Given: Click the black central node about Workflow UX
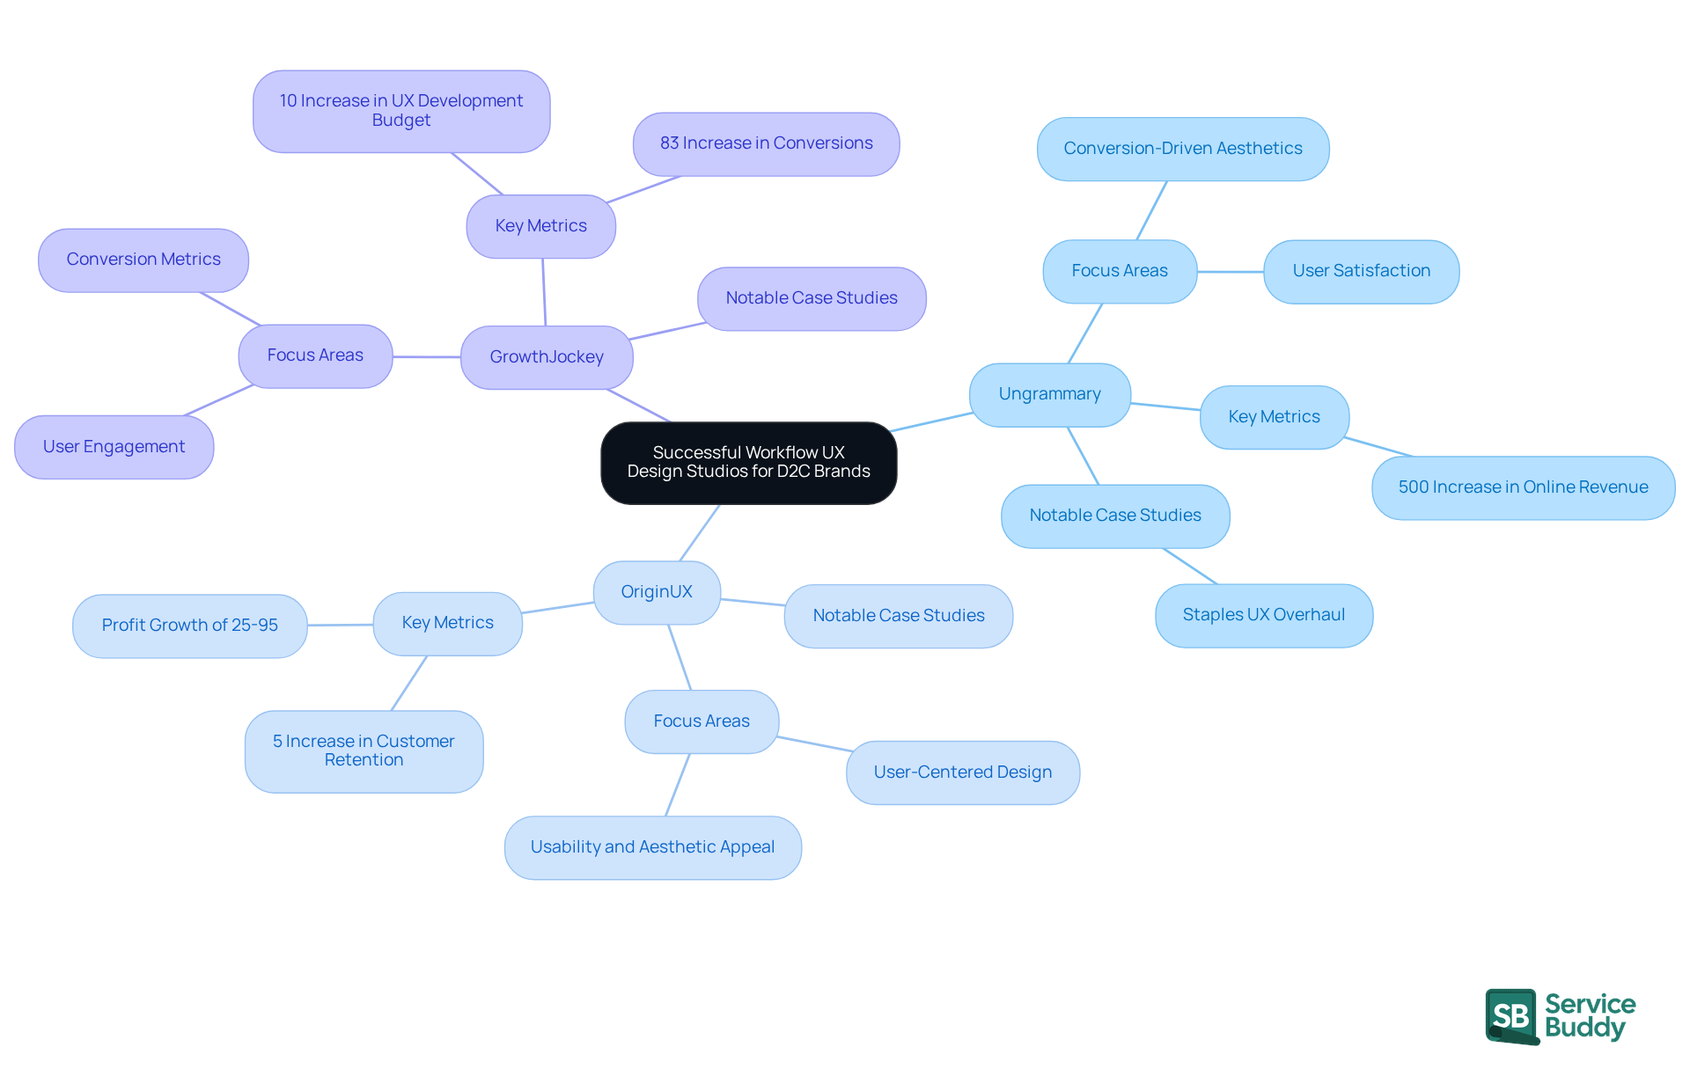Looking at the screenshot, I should coord(748,463).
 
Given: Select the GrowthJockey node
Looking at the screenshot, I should coord(547,357).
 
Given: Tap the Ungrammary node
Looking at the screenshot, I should coord(1049,394).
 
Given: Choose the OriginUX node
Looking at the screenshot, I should coord(657,592).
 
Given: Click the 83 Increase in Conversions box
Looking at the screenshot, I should coord(766,143).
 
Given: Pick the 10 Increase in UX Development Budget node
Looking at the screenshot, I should coord(401,111).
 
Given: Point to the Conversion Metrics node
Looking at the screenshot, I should coord(143,260).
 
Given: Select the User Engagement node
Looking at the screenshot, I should coord(114,447).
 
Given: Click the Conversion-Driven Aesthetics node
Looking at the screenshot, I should coord(1182,149).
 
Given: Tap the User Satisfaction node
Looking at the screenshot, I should coord(1361,271).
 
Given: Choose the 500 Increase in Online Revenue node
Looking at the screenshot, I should coord(1523,487).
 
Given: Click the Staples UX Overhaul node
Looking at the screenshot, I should coord(1263,615).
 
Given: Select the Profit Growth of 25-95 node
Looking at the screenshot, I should coord(189,626).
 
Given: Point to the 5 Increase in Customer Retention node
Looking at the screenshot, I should coord(364,750).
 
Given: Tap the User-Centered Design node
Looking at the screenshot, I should coord(962,772).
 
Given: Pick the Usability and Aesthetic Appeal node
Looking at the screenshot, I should coord(652,847).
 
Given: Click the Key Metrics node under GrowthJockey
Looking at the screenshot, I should coord(540,226).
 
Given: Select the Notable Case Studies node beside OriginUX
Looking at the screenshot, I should coord(898,616).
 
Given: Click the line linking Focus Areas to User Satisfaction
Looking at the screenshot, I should coord(1230,272).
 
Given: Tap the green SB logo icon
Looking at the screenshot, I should coord(1511,1016).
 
